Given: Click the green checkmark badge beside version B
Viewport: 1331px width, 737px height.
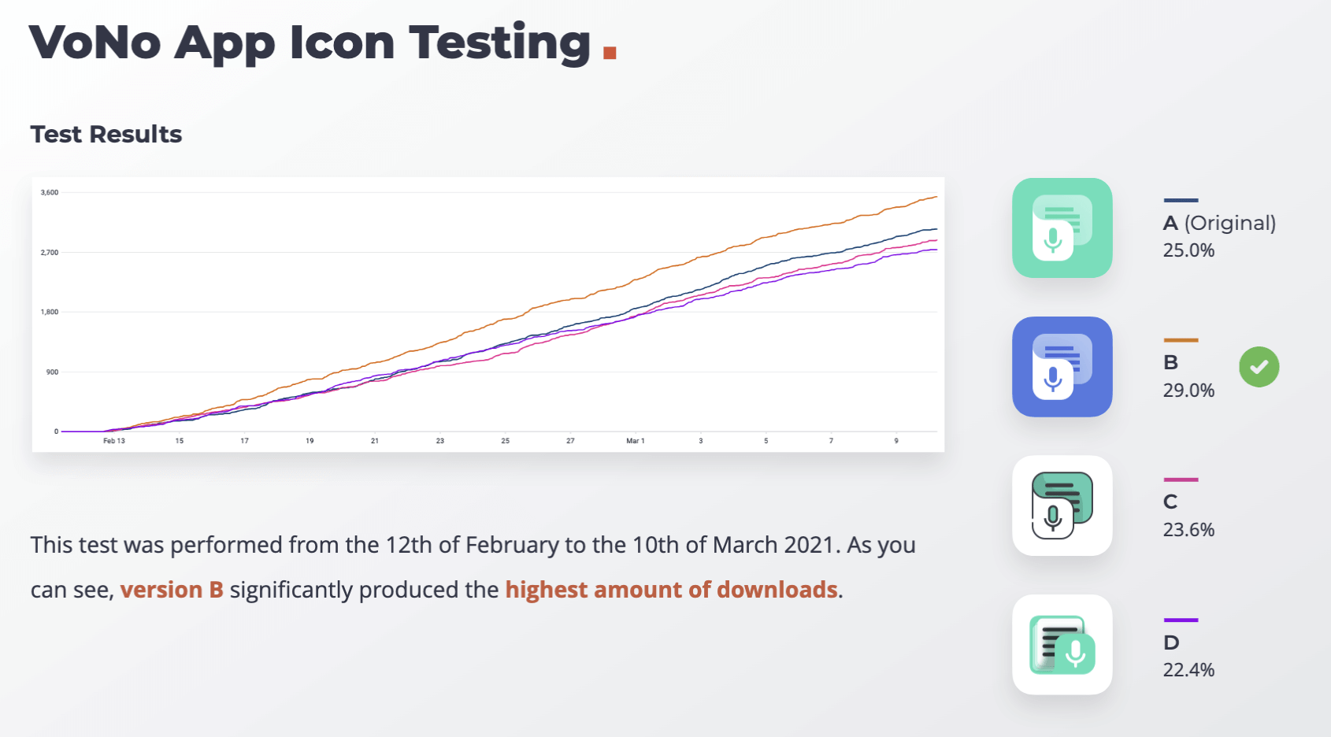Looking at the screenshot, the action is coord(1259,367).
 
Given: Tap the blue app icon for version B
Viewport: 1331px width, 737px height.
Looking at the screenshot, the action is coord(1062,366).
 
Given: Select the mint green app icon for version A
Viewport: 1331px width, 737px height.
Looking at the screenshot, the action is coord(1062,228).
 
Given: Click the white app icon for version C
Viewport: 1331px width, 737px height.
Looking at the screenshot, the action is coord(1062,506).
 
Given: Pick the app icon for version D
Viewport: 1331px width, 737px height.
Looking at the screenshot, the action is coord(1062,644).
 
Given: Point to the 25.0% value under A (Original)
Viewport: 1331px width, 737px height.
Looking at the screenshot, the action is coord(1188,250).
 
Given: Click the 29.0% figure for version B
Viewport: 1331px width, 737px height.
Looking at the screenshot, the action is coord(1188,391).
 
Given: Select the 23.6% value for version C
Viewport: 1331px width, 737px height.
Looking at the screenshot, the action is coord(1188,529).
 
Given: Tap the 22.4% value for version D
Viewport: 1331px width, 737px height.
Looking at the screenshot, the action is coord(1188,669).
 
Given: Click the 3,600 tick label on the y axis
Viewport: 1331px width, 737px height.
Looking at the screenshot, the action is coord(50,192).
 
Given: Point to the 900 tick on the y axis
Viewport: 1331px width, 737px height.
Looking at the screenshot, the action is coord(52,372).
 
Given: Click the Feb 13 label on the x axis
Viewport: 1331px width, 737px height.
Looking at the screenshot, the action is coord(114,441).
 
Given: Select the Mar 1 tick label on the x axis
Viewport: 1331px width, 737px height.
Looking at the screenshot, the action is coord(636,441).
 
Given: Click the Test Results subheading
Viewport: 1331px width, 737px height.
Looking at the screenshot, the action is coord(106,134).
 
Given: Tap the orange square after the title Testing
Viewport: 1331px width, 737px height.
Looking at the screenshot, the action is coord(610,52).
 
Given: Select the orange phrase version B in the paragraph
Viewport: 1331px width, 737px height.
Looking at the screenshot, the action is coord(172,590).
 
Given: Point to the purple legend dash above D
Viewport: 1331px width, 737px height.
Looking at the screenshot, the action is coord(1181,620).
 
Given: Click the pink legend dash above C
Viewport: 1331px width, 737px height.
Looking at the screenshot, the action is coord(1181,480).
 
